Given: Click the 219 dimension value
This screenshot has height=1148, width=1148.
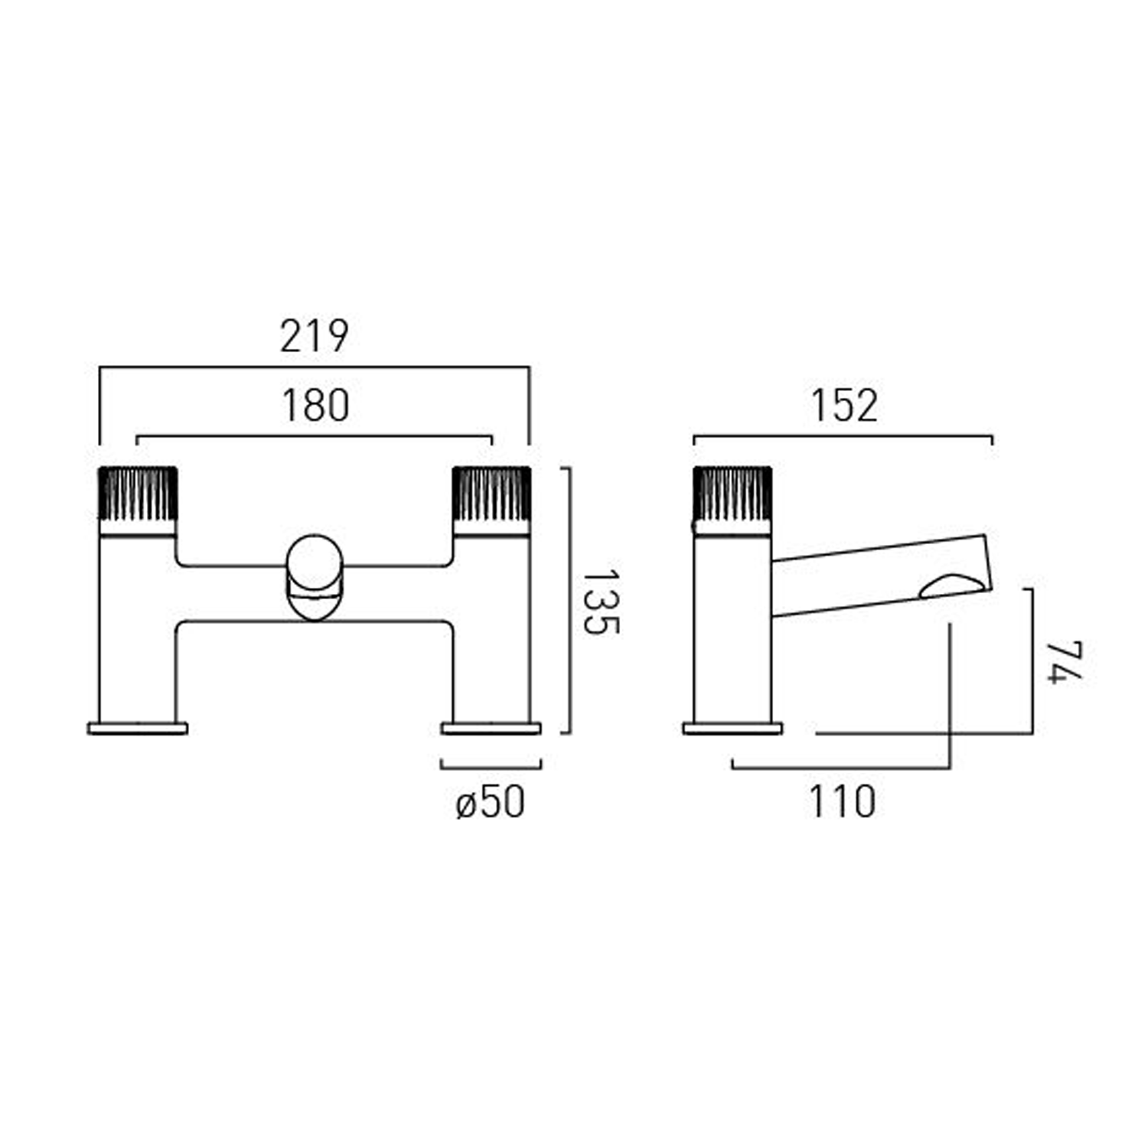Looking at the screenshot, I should (x=314, y=336).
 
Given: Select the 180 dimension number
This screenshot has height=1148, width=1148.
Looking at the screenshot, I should (x=315, y=406).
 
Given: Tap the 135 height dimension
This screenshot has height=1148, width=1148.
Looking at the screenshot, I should (x=600, y=602).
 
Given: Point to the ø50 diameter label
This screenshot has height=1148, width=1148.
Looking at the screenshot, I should (x=491, y=802).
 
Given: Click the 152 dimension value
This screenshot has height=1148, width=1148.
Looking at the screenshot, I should (x=843, y=406).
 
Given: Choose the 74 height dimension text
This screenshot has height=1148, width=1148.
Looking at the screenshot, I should (x=1065, y=662).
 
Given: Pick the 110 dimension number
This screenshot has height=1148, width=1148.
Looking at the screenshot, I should (x=842, y=802).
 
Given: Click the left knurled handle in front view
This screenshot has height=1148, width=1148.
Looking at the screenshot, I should (x=139, y=494).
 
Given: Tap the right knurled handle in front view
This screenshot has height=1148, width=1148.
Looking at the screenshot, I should (x=491, y=494).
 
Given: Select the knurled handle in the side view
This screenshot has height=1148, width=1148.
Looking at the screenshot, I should (x=732, y=494).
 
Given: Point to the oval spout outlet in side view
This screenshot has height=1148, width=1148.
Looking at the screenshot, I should (x=953, y=585).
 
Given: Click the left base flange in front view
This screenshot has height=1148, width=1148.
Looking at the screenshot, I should (x=138, y=728).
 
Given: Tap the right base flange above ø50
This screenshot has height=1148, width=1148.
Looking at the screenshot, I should (x=491, y=728).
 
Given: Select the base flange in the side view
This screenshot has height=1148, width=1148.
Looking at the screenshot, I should (x=732, y=728).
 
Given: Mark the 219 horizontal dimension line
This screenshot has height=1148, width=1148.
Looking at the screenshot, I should (x=314, y=367).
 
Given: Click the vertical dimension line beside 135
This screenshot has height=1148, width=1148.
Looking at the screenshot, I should (x=570, y=601).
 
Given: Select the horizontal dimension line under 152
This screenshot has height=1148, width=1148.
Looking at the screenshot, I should (x=843, y=437).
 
